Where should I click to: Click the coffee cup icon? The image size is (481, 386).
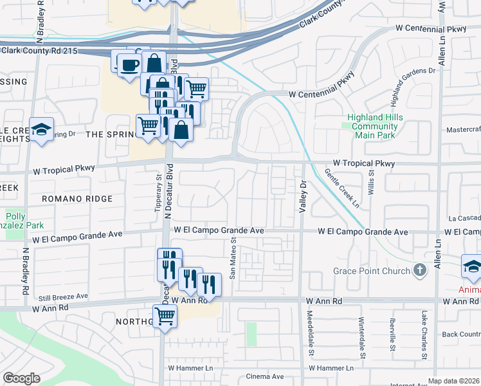(x=130, y=64)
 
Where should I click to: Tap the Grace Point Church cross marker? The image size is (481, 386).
(x=420, y=270)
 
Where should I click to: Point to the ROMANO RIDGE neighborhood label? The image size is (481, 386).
(x=77, y=199)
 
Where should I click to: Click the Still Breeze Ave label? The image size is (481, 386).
(x=62, y=297)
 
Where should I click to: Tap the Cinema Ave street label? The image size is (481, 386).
(x=264, y=376)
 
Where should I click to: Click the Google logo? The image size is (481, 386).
(x=21, y=378)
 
